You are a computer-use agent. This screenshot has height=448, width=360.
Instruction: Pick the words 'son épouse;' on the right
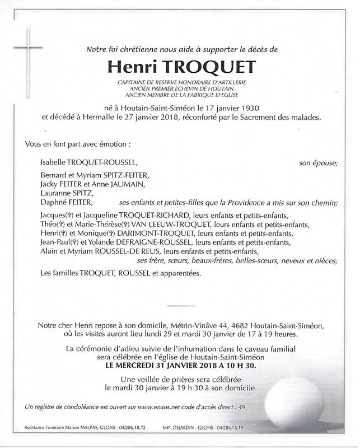coord(319,163)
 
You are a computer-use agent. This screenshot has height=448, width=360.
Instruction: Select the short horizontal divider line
coord(180,305)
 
